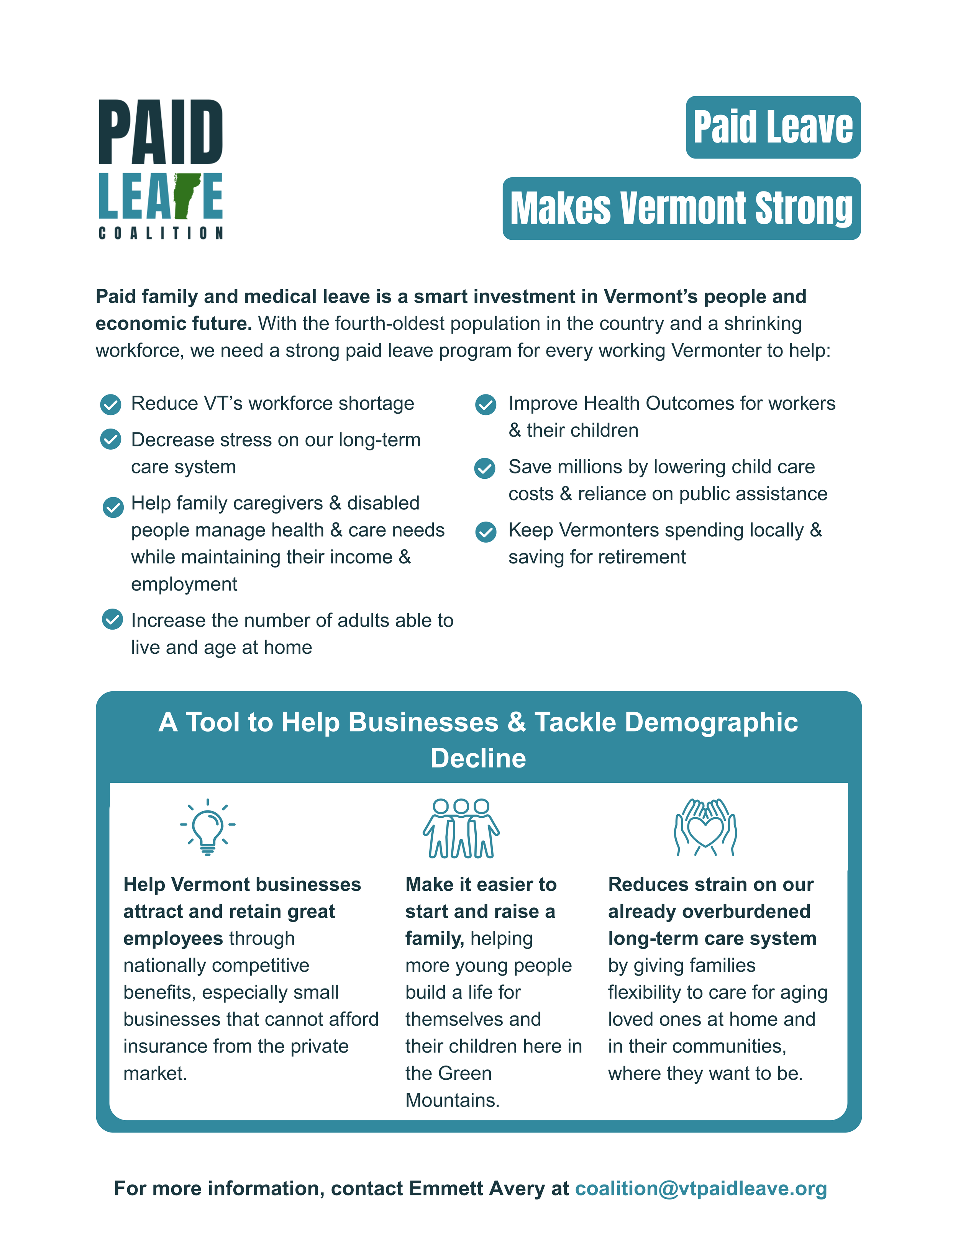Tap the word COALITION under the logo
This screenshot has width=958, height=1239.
click(161, 233)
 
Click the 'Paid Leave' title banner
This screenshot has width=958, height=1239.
click(773, 127)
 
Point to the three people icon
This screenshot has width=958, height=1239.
click(461, 828)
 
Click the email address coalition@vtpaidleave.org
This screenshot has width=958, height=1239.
click(700, 1188)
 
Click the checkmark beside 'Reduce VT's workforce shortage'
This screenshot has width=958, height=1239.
click(111, 404)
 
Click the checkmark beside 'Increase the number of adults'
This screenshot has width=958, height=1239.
click(112, 620)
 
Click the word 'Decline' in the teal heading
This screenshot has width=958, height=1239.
click(479, 758)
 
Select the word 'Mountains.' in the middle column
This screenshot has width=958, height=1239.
click(452, 1100)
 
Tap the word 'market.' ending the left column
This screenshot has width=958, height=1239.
click(155, 1073)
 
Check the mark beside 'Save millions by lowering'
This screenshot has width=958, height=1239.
click(485, 468)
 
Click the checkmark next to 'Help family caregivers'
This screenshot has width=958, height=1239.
click(113, 507)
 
